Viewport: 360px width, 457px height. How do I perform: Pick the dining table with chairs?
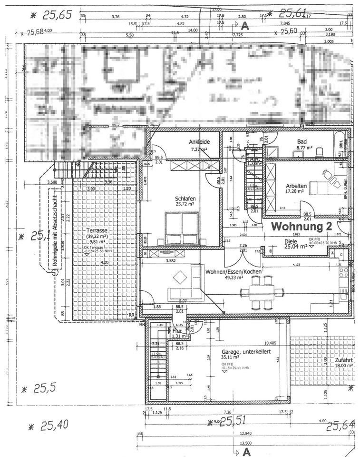tap(258, 292)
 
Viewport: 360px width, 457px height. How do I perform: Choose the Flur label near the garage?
tap(177, 330)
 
